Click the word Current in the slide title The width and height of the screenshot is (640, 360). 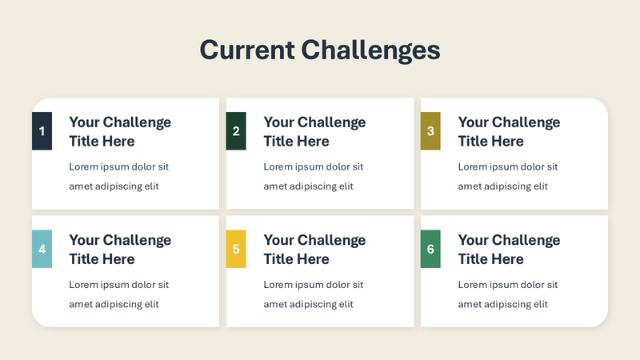[x=247, y=50]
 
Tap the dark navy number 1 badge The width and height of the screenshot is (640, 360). [x=42, y=131]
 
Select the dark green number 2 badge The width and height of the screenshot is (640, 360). [x=236, y=131]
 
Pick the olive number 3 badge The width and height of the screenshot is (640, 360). [x=430, y=131]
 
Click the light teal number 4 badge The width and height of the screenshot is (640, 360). [x=42, y=249]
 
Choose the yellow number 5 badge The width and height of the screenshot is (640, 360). [x=236, y=249]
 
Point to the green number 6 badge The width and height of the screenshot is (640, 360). [x=430, y=249]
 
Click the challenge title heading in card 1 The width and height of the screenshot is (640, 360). [x=120, y=132]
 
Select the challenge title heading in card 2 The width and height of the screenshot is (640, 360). [x=314, y=132]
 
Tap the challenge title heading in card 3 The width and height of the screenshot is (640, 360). [x=509, y=132]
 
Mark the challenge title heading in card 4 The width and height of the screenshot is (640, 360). [x=120, y=250]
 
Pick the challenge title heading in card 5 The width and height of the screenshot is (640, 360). [x=314, y=250]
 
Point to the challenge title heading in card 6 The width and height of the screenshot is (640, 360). [x=509, y=250]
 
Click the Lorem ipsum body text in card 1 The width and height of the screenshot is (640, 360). [x=118, y=177]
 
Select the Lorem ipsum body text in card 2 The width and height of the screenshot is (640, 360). [x=313, y=177]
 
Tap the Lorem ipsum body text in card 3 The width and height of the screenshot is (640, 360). [x=507, y=177]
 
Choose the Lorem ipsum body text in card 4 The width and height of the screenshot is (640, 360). [x=118, y=294]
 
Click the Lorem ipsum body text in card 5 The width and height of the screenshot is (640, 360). [x=313, y=294]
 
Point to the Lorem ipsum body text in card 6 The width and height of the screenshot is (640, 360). [x=507, y=294]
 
